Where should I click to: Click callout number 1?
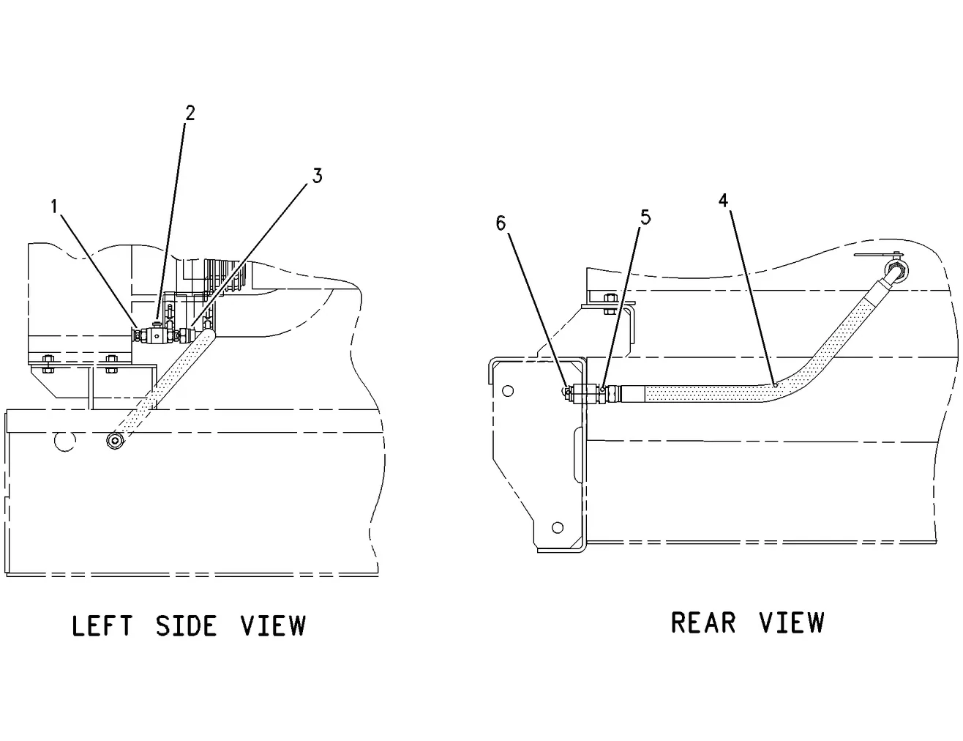(54, 206)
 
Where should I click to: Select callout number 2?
(190, 113)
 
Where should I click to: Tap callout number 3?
(318, 176)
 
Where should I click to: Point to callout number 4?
(723, 201)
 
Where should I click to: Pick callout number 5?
(645, 217)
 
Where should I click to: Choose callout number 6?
(501, 223)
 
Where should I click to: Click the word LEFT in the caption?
(102, 626)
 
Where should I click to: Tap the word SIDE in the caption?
(186, 626)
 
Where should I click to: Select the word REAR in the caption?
(703, 622)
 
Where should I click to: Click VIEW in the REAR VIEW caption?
(792, 622)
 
